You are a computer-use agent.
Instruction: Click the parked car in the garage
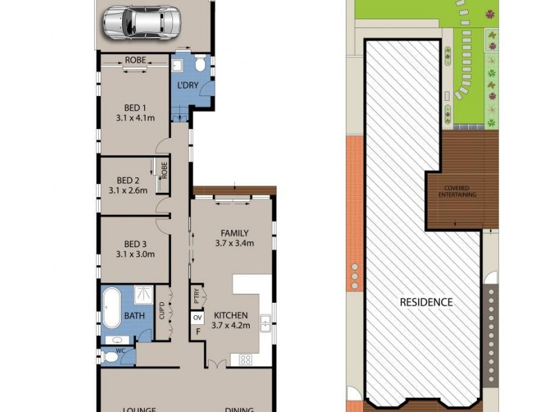click(x=143, y=23)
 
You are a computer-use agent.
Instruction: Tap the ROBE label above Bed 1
click(x=135, y=60)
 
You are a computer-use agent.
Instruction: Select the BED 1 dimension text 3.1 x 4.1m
click(x=135, y=118)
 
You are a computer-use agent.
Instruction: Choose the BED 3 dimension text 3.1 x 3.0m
click(x=135, y=254)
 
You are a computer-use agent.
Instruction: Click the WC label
click(x=120, y=350)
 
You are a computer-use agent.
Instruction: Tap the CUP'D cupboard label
click(x=162, y=312)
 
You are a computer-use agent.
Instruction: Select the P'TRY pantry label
click(x=196, y=297)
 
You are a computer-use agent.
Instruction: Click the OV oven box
click(x=198, y=318)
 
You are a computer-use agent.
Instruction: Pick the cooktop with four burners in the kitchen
click(x=245, y=358)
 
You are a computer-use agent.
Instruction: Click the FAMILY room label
click(x=234, y=233)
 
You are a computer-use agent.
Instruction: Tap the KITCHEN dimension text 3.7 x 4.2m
click(x=230, y=325)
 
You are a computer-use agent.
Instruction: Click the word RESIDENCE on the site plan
click(x=426, y=301)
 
